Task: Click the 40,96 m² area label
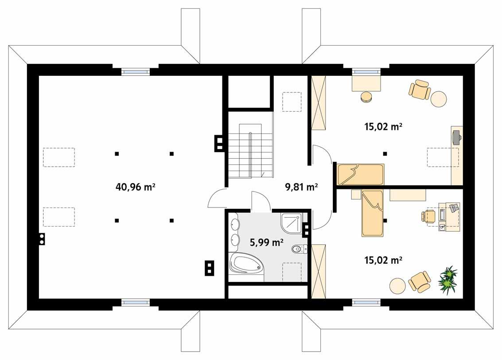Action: click(x=135, y=187)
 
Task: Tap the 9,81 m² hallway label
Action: click(x=301, y=187)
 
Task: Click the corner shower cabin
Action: click(x=292, y=223)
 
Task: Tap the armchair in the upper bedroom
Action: click(x=419, y=90)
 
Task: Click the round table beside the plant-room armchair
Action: click(x=397, y=286)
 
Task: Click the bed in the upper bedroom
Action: click(x=360, y=175)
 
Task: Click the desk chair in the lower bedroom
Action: click(x=428, y=216)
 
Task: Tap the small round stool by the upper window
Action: click(x=366, y=97)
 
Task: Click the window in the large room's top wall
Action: click(x=135, y=71)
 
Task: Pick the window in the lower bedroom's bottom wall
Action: click(x=366, y=303)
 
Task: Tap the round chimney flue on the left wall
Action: click(x=42, y=239)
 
